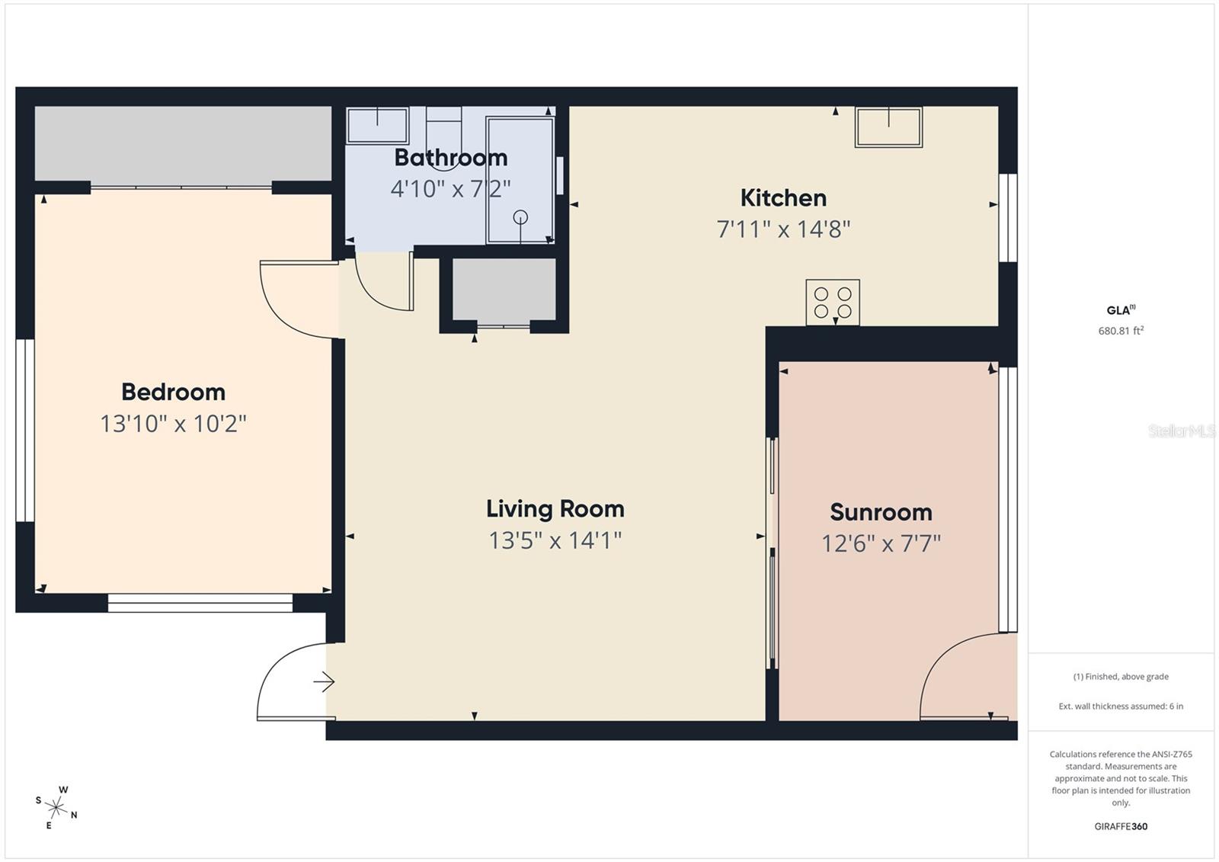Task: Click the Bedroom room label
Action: (173, 392)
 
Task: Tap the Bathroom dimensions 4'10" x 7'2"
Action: (450, 188)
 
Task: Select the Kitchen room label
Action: (783, 198)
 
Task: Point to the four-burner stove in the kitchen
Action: (833, 302)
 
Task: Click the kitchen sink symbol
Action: (888, 127)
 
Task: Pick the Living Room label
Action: (555, 508)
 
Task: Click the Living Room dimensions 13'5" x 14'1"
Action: (555, 540)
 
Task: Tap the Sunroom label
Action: (881, 511)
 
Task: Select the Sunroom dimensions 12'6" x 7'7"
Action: (881, 543)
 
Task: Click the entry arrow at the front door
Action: (325, 681)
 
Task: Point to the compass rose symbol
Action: (56, 806)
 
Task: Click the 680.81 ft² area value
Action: (1121, 331)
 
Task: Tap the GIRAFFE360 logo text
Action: (1121, 826)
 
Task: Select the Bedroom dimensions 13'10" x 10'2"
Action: (173, 424)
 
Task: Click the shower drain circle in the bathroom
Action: (520, 217)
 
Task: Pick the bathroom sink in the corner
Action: (377, 125)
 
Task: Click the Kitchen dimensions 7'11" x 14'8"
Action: (783, 229)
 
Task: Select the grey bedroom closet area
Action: (183, 143)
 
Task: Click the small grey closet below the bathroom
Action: (504, 290)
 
